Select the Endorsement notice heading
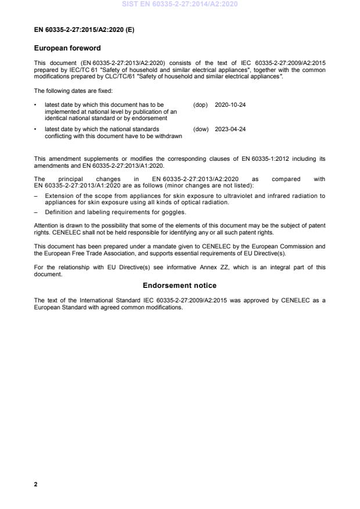pyautogui.click(x=179, y=285)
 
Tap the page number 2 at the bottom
pyautogui.click(x=36, y=484)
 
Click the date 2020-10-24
pyautogui.click(x=230, y=104)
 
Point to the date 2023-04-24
pyautogui.click(x=230, y=129)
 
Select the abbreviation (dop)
pyautogui.click(x=200, y=104)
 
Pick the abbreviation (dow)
pyautogui.click(x=200, y=129)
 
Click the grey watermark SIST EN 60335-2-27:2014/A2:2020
pyautogui.click(x=179, y=5)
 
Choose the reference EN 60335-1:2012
pyautogui.click(x=255, y=158)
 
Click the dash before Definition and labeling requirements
pyautogui.click(x=36, y=212)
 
